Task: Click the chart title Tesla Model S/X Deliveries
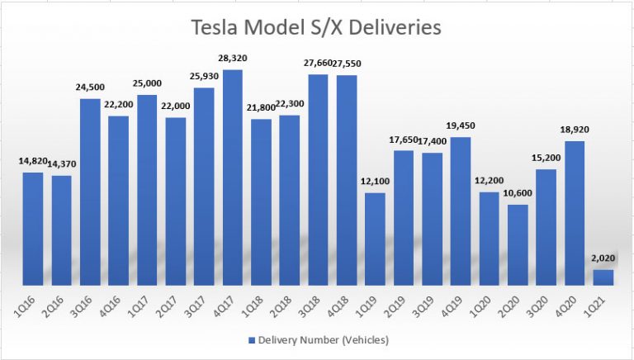point(316,28)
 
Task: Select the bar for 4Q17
point(233,178)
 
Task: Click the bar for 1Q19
point(375,239)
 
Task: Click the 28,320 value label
point(233,59)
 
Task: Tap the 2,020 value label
point(603,258)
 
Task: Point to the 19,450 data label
point(461,126)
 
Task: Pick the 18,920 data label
point(575,130)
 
